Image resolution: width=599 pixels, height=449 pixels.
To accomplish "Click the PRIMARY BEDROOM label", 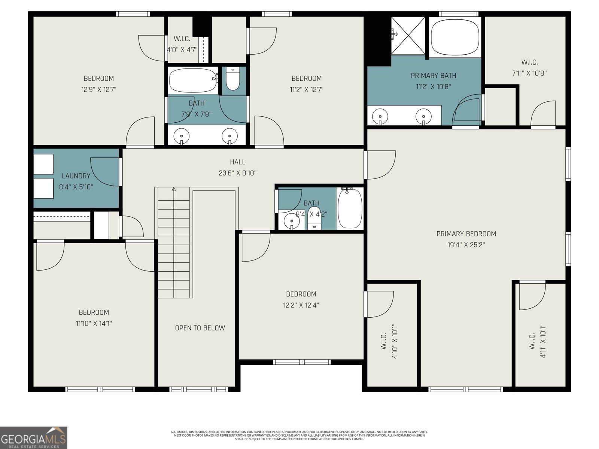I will [x=466, y=234].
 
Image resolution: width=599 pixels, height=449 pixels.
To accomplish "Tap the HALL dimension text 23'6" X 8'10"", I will [x=237, y=173].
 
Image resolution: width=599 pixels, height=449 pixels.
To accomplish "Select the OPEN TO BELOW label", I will [x=200, y=328].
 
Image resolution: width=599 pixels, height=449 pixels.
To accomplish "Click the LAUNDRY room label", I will [x=76, y=176].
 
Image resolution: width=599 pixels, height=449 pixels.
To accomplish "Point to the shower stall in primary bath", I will [x=408, y=36].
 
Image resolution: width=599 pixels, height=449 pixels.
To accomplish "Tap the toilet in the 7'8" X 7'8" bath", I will [x=233, y=80].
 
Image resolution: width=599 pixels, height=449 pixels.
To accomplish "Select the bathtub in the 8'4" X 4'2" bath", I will [x=350, y=208].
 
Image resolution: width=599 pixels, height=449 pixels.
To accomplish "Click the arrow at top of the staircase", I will [x=174, y=189].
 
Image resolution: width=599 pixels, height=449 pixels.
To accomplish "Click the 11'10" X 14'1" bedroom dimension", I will [x=94, y=324].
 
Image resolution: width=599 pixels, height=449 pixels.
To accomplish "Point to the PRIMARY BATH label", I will [x=434, y=76].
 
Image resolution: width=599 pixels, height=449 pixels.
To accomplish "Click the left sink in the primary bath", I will [x=380, y=115].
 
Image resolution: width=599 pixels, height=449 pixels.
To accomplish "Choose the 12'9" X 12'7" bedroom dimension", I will [x=99, y=90].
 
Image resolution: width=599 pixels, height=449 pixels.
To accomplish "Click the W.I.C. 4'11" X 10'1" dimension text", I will [x=543, y=341].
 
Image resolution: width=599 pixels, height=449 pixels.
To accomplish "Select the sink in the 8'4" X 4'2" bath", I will [x=292, y=222].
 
